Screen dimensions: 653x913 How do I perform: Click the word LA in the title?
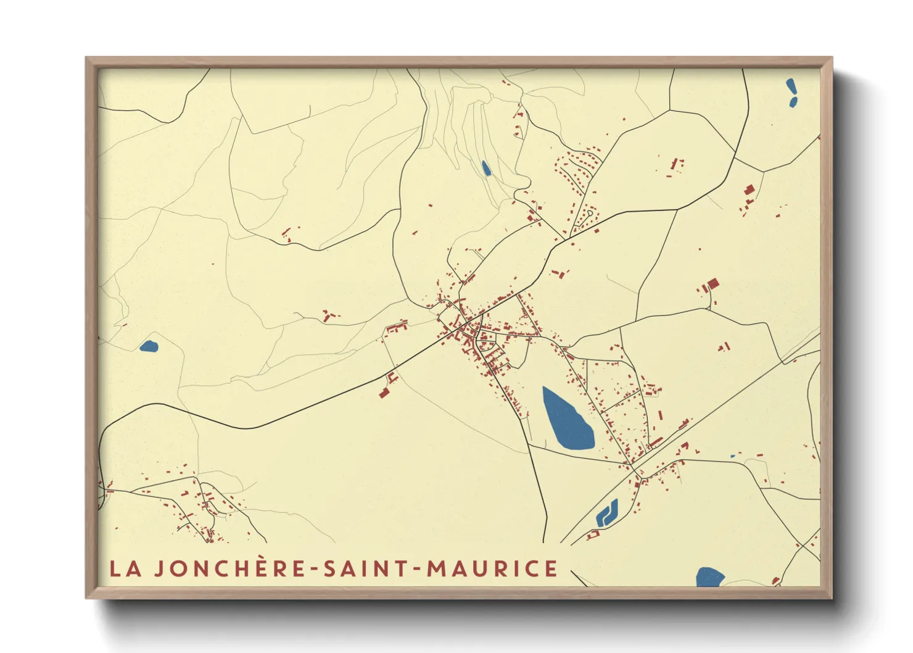tap(125, 568)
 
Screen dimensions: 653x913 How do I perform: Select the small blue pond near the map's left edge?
tap(149, 346)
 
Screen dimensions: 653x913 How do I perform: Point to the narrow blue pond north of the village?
tap(485, 168)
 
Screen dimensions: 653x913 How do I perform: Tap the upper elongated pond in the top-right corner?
tap(790, 86)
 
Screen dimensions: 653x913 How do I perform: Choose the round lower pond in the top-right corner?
tap(793, 102)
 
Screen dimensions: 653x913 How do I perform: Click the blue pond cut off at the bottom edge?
tap(709, 578)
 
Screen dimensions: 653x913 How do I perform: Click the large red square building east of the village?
tap(713, 284)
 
